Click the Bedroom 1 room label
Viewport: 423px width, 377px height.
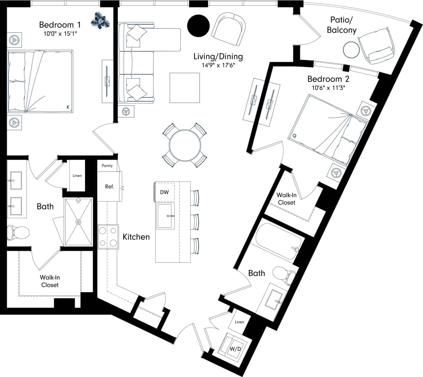tap(60, 25)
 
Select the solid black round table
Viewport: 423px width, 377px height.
tap(198, 25)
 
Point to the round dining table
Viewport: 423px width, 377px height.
tap(185, 145)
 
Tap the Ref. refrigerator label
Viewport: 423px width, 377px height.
tap(110, 187)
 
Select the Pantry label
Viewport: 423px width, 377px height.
tap(107, 166)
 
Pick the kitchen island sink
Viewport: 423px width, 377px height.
tap(166, 216)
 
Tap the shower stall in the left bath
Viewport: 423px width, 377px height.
tap(78, 222)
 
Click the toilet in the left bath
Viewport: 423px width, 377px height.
tap(18, 232)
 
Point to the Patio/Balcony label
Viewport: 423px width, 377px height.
tap(341, 25)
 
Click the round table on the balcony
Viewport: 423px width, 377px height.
tap(351, 50)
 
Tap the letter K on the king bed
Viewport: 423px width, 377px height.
tap(68, 107)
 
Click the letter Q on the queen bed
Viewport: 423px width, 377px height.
tap(294, 135)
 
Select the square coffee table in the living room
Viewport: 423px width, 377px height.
tap(185, 88)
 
